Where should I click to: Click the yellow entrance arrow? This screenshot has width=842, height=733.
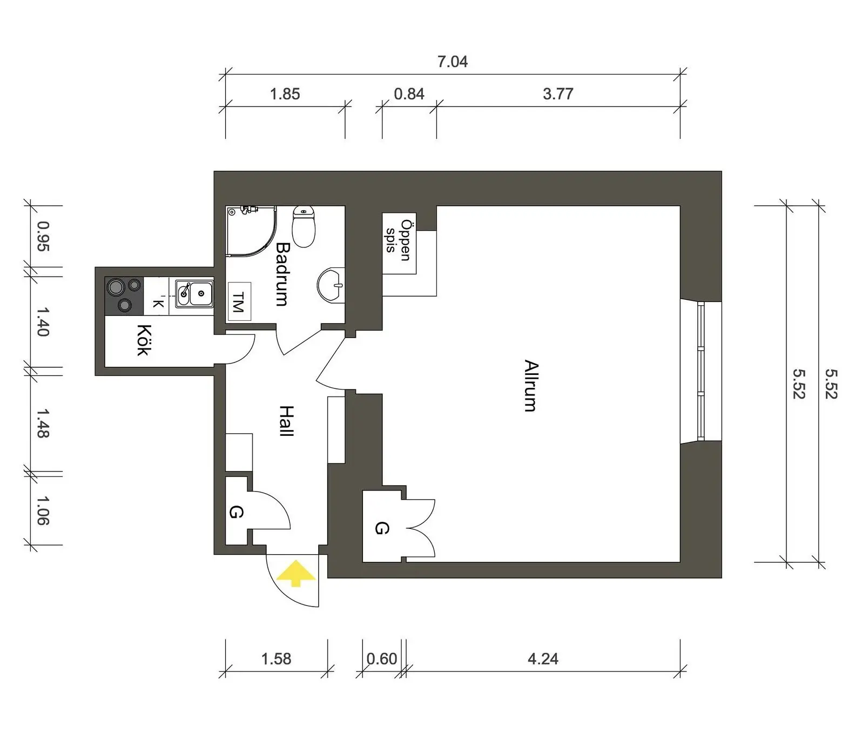click(x=295, y=574)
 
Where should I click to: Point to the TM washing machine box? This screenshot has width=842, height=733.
click(x=239, y=301)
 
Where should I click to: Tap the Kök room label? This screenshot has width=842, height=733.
click(x=143, y=340)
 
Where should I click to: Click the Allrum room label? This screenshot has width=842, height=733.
click(x=531, y=386)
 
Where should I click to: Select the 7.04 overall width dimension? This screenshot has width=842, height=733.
click(x=452, y=62)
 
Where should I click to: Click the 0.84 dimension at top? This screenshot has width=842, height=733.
click(x=409, y=94)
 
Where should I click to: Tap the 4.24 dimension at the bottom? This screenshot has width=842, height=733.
click(x=543, y=659)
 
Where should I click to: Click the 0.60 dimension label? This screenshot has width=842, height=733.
click(x=382, y=659)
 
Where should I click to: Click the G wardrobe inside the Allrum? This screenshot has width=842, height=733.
click(x=381, y=528)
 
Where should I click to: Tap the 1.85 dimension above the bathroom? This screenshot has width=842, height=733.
click(x=285, y=94)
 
